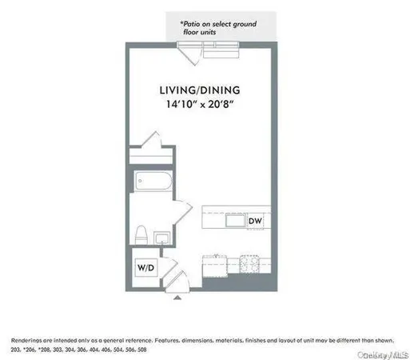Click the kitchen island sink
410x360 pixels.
point(237,220)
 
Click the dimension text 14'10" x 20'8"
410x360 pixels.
point(198,104)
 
